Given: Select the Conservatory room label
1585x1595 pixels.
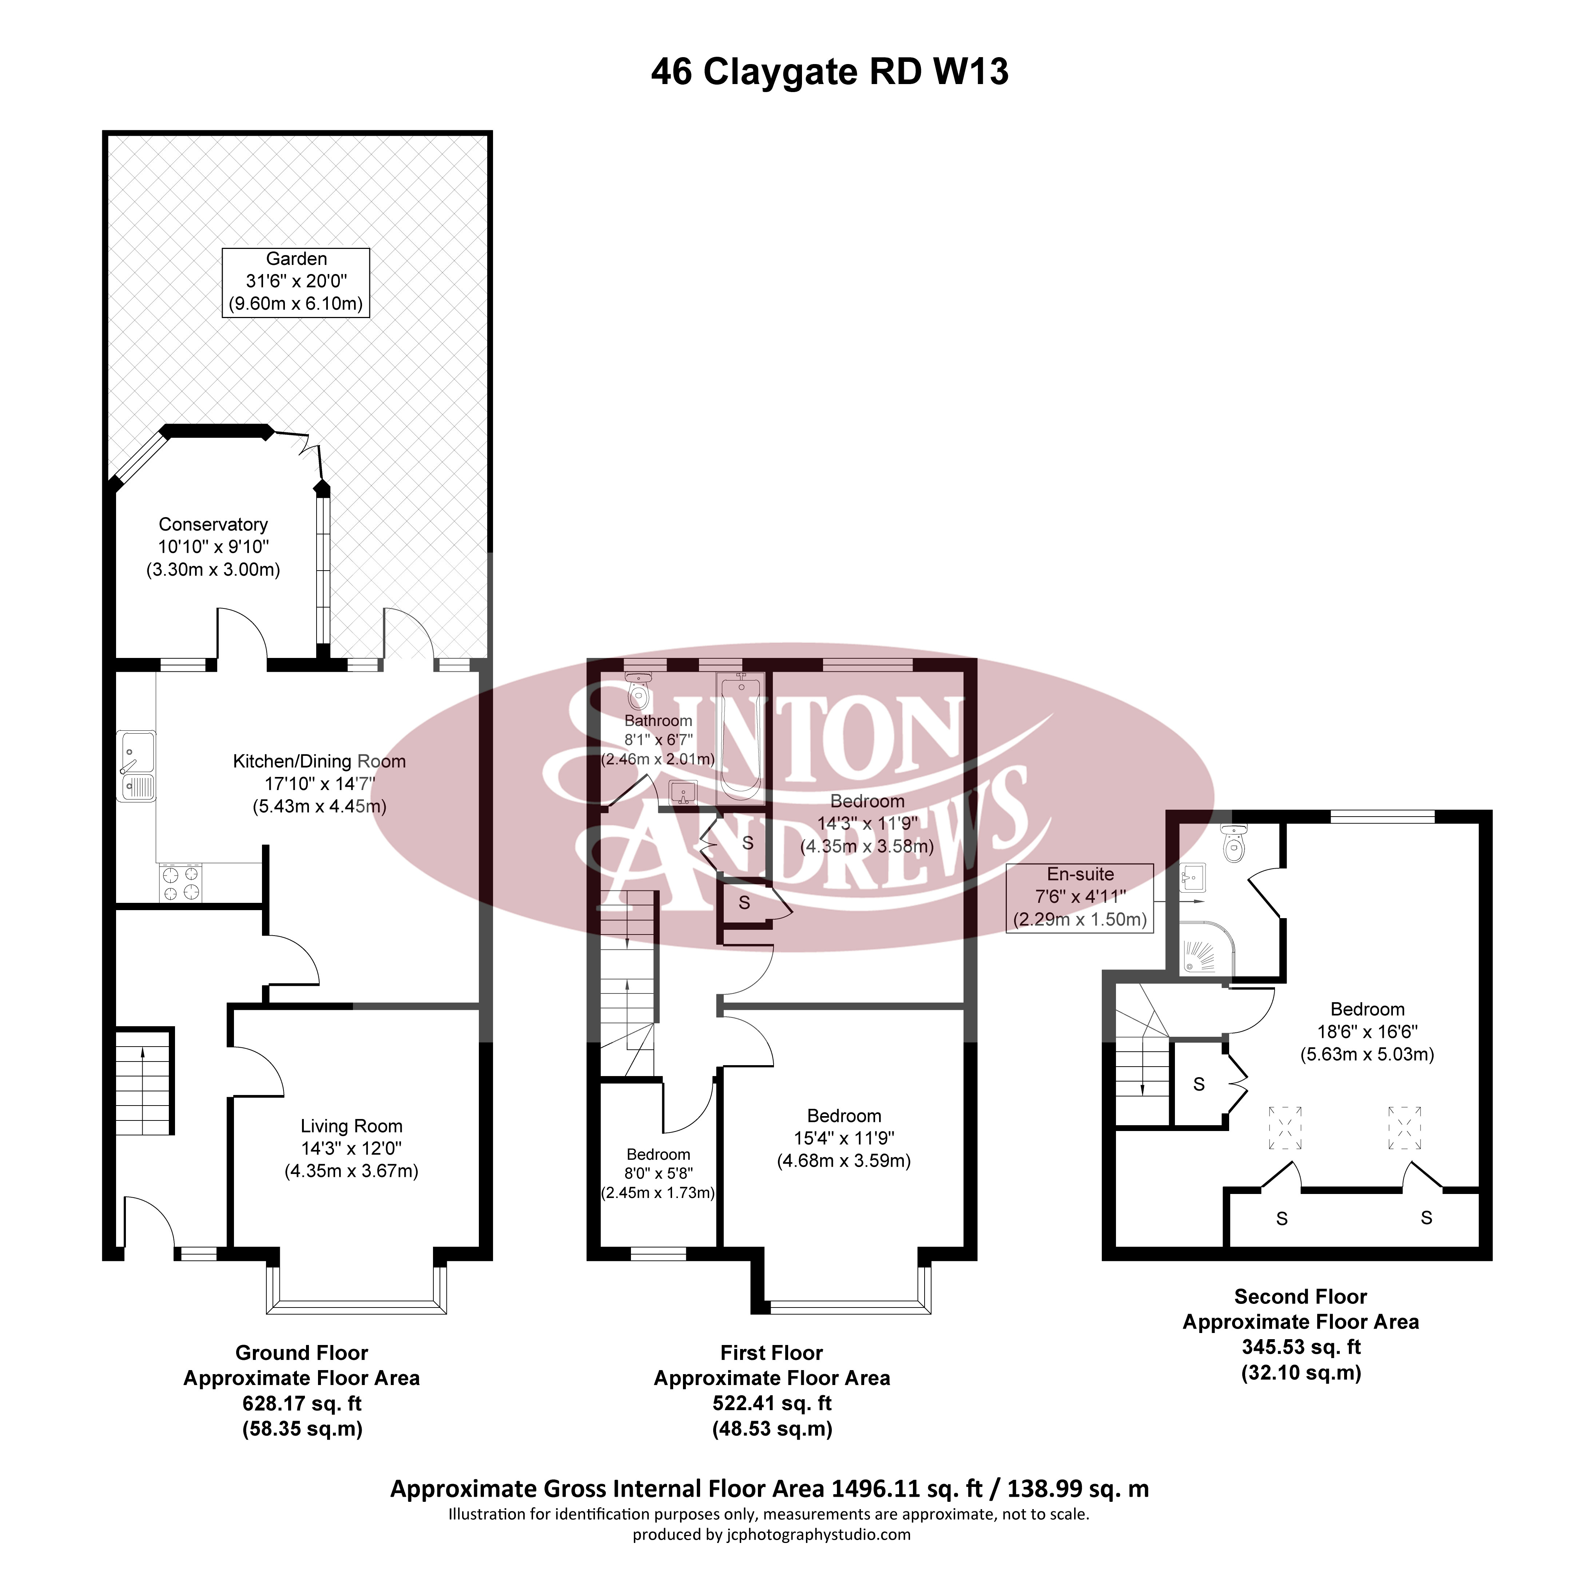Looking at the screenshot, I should pyautogui.click(x=213, y=525).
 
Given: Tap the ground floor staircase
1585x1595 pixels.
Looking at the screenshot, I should pyautogui.click(x=144, y=1082).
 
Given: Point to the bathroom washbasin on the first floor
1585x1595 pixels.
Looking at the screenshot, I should pyautogui.click(x=683, y=793).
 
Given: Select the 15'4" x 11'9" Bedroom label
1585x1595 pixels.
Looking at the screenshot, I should pyautogui.click(x=844, y=1116).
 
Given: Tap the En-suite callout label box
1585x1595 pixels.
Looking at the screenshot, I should pyautogui.click(x=1080, y=897).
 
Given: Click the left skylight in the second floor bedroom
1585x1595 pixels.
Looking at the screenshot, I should pyautogui.click(x=1284, y=1128).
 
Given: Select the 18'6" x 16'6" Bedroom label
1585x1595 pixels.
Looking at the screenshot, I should pyautogui.click(x=1367, y=1009).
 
